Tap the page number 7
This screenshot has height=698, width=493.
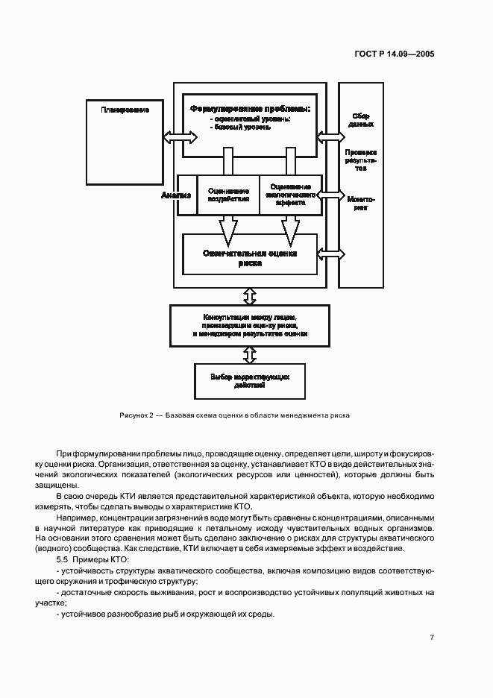coord(432,637)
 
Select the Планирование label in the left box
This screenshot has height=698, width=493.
coord(125,110)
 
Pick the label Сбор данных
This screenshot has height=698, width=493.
coord(361,120)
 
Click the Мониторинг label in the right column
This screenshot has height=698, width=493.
coord(361,204)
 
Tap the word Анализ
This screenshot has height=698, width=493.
coord(177,195)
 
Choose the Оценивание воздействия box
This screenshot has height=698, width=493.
coord(228,195)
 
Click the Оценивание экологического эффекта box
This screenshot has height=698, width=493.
coord(290,195)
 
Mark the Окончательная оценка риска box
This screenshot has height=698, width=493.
coord(250,257)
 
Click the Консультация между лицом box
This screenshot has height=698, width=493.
coord(250,326)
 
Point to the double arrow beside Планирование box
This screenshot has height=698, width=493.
coord(180,136)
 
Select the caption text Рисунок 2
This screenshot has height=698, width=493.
coord(135,415)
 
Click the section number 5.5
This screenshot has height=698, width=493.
coord(63,559)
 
